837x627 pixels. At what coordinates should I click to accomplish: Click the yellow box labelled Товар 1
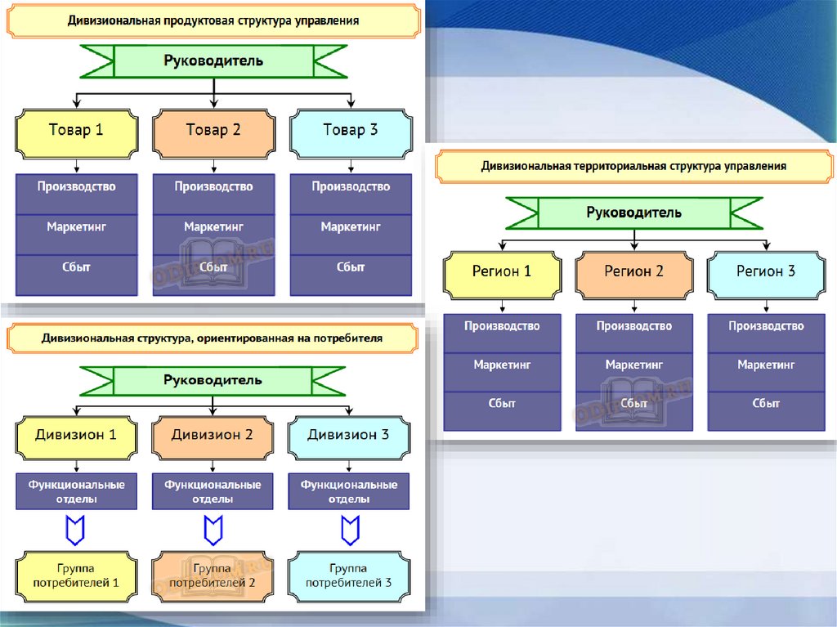[76, 131]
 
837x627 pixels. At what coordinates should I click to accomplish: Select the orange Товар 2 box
[213, 131]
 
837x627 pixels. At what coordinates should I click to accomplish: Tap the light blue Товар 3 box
[351, 131]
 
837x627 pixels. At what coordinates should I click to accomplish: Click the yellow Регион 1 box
[502, 272]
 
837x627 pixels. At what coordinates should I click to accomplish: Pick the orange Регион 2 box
[634, 272]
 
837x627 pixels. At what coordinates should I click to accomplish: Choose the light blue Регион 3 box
[766, 272]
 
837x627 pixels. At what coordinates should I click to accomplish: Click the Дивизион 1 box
[76, 436]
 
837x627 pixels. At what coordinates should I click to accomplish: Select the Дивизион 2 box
[213, 436]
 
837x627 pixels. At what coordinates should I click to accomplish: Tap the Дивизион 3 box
[349, 436]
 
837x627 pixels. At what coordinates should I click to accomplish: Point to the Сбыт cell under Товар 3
[351, 267]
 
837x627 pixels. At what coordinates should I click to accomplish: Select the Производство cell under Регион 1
[502, 327]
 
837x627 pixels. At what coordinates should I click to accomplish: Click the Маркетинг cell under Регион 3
[766, 365]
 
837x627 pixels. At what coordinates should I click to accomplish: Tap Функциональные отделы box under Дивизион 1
[76, 492]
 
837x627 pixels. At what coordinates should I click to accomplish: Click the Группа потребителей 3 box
[349, 575]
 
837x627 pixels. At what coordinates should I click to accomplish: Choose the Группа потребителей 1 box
[76, 575]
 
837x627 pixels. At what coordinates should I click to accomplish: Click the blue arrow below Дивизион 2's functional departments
[213, 531]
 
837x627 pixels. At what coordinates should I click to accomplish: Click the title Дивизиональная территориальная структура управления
[633, 166]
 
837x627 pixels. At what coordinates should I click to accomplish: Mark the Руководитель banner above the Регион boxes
[634, 213]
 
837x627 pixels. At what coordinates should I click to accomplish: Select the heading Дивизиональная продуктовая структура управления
[213, 20]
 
